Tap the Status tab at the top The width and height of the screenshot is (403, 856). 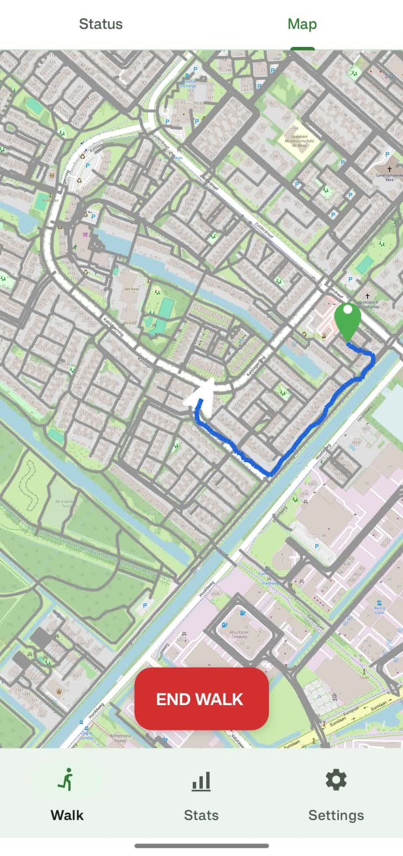point(101,24)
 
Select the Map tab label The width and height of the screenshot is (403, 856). point(302,24)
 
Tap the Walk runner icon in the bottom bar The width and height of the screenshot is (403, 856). point(67,779)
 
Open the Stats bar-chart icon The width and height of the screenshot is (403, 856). point(201,781)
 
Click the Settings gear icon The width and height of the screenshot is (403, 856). point(336,779)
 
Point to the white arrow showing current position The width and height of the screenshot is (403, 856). point(202,396)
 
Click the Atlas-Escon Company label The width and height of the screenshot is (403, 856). point(239,634)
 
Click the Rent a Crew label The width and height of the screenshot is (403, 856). point(379,610)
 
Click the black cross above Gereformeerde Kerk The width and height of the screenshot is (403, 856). point(389,169)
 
